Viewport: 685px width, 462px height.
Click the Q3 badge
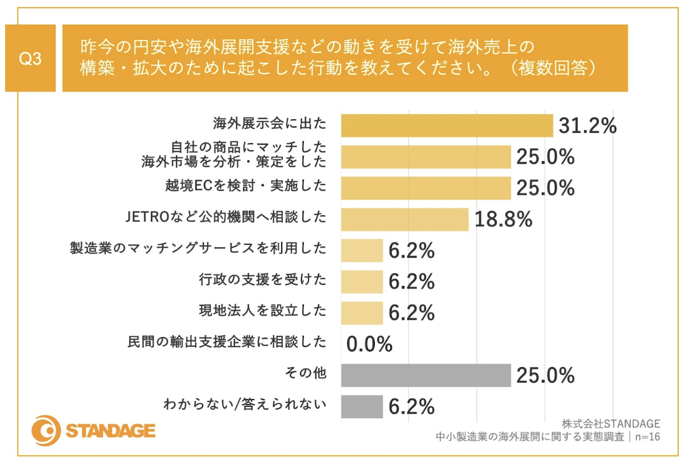[30, 58]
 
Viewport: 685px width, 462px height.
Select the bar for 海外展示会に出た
[446, 125]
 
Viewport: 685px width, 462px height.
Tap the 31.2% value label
[587, 126]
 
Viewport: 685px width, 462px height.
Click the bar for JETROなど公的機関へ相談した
[404, 219]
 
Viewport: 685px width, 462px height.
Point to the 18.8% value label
[503, 219]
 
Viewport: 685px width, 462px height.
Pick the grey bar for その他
[425, 375]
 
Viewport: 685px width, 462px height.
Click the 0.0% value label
[369, 343]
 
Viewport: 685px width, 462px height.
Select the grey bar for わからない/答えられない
[362, 406]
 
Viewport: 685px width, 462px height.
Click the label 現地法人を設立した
[262, 310]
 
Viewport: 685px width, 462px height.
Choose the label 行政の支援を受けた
[262, 279]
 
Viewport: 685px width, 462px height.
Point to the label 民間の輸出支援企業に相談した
[225, 342]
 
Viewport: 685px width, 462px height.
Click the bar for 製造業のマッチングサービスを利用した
[362, 250]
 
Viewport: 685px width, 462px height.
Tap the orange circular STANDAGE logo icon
[45, 431]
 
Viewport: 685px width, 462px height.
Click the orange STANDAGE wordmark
[111, 431]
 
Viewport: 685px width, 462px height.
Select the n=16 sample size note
[648, 437]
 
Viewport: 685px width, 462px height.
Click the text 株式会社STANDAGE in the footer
[611, 424]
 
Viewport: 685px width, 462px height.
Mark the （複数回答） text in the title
[552, 68]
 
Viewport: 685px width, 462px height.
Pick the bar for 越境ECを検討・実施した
[425, 188]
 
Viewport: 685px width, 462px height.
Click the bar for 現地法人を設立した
[362, 313]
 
